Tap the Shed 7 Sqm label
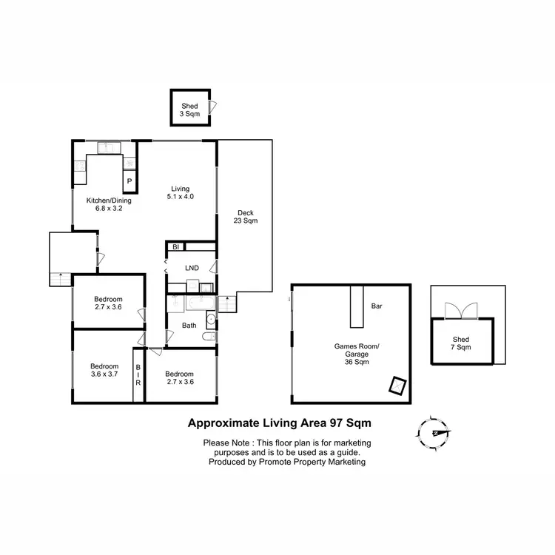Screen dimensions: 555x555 pos(461,343)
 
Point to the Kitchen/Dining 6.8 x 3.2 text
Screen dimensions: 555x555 pos(103,204)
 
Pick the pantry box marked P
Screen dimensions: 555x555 pos(129,181)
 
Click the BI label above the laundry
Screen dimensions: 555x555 pos(176,247)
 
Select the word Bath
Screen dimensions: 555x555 pos(189,325)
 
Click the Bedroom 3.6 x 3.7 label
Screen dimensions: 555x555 pos(104,371)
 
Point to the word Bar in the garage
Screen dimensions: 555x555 pos(376,305)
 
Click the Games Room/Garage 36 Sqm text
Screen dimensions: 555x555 pos(351,354)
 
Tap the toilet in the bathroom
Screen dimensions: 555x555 pos(209,337)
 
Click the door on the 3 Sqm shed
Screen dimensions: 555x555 pos(212,107)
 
